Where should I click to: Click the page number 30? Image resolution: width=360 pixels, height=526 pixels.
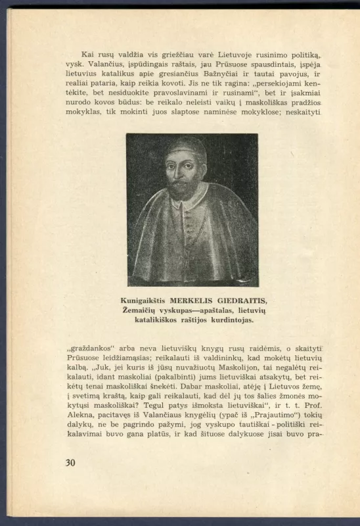click(70, 462)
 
